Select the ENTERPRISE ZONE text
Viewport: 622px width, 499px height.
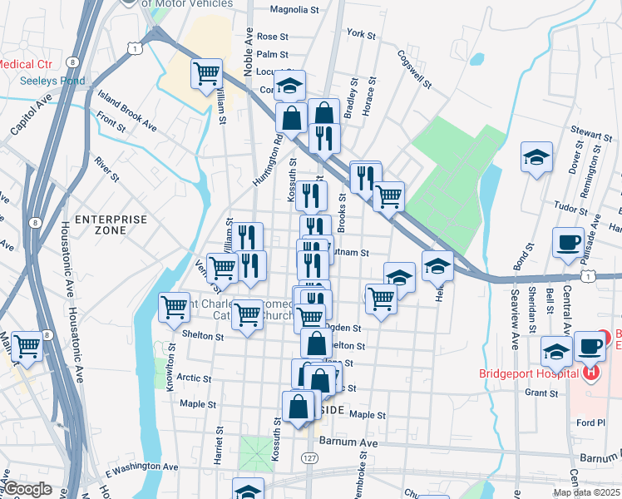click(x=111, y=225)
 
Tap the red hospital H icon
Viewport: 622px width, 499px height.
click(x=591, y=372)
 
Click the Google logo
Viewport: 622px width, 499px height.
click(x=28, y=489)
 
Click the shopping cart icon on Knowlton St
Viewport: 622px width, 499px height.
click(x=174, y=307)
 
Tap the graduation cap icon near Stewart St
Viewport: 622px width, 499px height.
click(x=537, y=156)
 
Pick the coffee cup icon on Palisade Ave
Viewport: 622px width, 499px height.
click(x=569, y=243)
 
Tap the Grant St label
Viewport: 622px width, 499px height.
click(x=541, y=393)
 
